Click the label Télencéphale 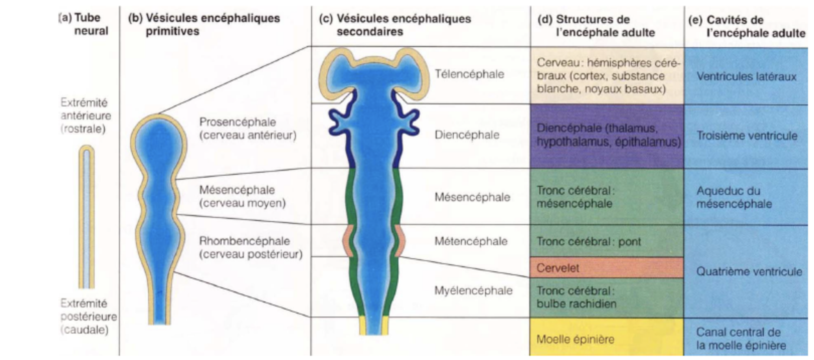(x=469, y=74)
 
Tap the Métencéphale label (x=471, y=241)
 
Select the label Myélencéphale (x=473, y=291)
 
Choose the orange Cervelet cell (x=607, y=268)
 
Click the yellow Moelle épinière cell (x=607, y=338)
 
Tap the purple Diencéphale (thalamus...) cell (x=607, y=135)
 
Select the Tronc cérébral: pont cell (x=607, y=241)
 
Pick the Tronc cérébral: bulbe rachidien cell (x=607, y=297)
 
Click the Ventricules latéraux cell (x=746, y=76)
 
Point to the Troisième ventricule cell (x=746, y=136)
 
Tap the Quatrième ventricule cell (x=749, y=271)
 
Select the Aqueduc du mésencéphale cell (x=734, y=197)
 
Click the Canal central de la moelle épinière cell (x=741, y=339)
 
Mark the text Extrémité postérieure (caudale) (x=87, y=317)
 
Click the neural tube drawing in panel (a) (x=87, y=217)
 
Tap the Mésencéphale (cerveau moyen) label (x=242, y=196)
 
